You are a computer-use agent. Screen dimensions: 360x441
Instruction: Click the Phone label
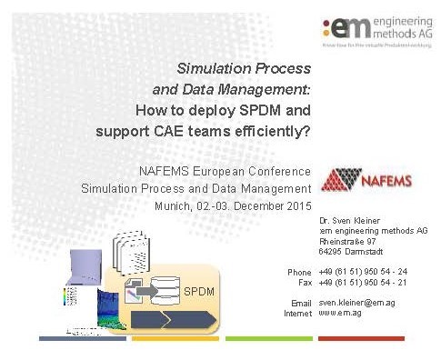point(299,272)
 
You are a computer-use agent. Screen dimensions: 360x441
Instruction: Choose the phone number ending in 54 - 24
point(362,272)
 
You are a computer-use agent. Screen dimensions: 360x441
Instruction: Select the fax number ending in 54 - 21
point(362,283)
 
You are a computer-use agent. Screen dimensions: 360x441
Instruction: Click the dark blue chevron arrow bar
point(174,319)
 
